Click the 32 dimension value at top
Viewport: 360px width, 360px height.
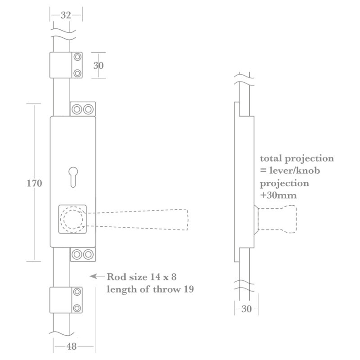click(66, 15)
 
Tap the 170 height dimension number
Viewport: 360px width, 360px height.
click(34, 183)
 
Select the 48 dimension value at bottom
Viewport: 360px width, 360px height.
click(71, 346)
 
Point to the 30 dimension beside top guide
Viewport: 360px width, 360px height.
click(98, 65)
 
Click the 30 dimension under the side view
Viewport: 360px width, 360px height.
click(247, 309)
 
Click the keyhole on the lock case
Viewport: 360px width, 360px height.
click(72, 176)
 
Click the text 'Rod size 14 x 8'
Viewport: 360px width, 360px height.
click(144, 276)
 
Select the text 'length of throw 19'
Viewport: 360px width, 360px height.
click(150, 289)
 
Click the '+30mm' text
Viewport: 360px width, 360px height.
click(278, 196)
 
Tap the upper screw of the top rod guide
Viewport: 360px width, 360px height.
click(77, 57)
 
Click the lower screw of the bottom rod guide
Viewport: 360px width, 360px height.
click(77, 308)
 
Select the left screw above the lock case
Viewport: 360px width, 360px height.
click(77, 109)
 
